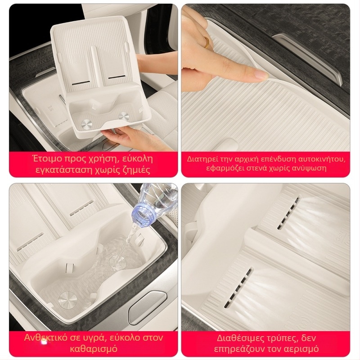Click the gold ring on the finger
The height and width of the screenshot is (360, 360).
[x=207, y=42]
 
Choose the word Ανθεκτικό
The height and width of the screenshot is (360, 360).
[x=44, y=337]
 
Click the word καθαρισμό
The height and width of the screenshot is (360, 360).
[x=94, y=349]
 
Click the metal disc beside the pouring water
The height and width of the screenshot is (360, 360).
[x=67, y=300]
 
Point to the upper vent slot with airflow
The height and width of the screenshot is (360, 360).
[x=288, y=212]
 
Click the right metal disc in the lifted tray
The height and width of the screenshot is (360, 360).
[x=123, y=116]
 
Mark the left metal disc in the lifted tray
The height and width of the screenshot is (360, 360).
[x=86, y=125]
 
